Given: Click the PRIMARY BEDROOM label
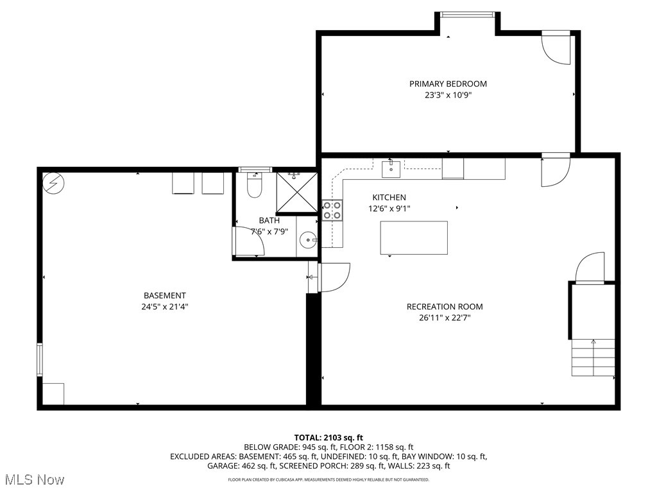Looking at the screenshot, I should (448, 83).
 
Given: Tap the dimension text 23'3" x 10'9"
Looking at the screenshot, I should (448, 95).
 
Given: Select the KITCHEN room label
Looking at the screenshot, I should (389, 197).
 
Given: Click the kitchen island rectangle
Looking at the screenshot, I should (414, 238).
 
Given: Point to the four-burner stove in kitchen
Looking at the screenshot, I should (332, 211).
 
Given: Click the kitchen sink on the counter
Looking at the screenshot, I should (391, 169).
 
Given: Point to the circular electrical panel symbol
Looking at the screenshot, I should (52, 184).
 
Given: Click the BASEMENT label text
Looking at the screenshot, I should (164, 295).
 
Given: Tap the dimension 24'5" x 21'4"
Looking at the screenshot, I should (164, 307).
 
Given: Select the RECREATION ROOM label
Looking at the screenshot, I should (445, 306).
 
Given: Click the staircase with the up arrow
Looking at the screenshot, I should (593, 358).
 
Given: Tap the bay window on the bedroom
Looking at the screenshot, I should (467, 14).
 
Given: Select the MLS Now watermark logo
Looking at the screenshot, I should (33, 480).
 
